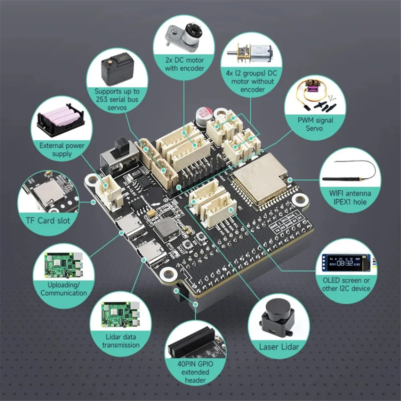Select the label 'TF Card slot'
(48, 221)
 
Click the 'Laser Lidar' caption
(279, 347)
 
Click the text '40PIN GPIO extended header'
(195, 372)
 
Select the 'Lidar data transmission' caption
(121, 341)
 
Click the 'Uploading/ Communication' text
(63, 289)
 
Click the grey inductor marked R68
(163, 228)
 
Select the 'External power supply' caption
(62, 150)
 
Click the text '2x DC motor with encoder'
(184, 64)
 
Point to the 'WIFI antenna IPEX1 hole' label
(350, 197)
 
